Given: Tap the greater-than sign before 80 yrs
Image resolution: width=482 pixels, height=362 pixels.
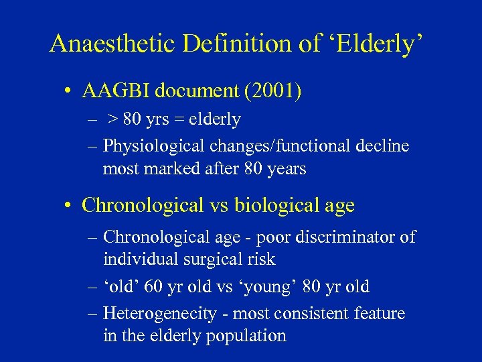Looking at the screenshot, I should pyautogui.click(x=114, y=120).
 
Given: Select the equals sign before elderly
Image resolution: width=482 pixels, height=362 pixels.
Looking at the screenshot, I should pyautogui.click(x=181, y=120).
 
